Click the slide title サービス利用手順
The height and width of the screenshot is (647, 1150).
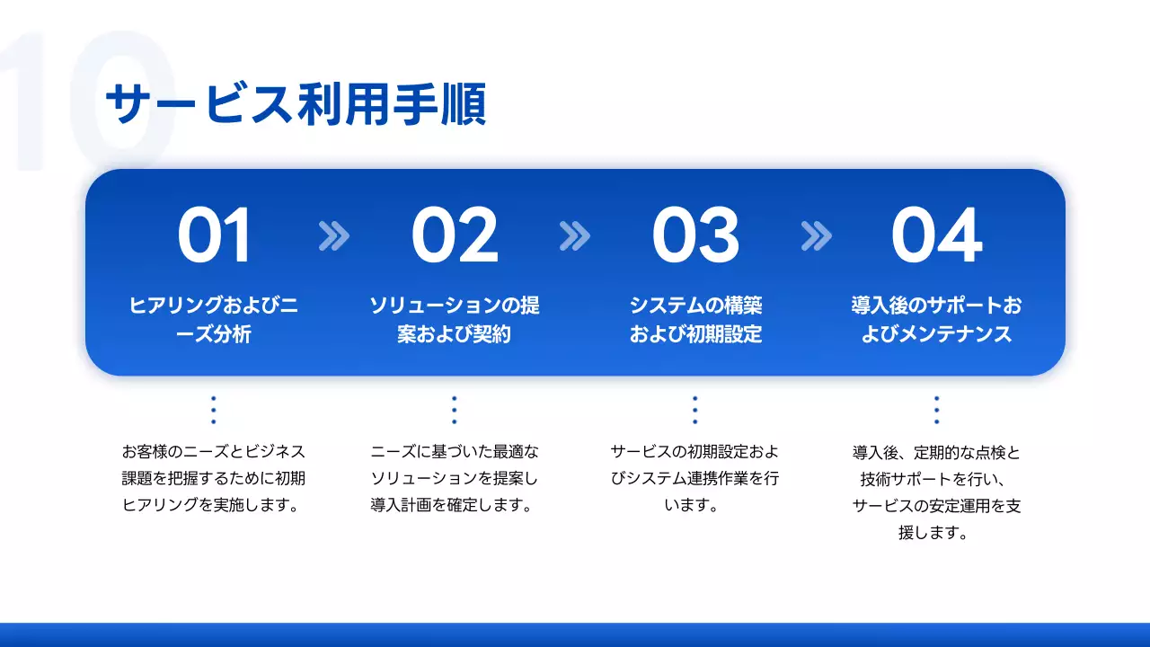coord(296,105)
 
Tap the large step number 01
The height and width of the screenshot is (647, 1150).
coord(214,236)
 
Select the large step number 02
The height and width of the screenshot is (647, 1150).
coord(455,236)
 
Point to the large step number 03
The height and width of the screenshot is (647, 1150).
coord(695,236)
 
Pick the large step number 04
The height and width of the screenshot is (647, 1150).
coord(936,236)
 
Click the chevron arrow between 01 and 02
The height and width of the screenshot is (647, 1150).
coord(334,236)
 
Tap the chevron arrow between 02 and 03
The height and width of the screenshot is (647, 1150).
coord(575,236)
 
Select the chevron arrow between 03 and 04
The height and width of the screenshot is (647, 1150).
coord(816,236)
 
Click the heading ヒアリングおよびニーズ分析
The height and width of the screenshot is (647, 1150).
coord(214,320)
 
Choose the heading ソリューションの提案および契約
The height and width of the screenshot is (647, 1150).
coord(455,320)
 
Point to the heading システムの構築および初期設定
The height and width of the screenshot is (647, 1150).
coord(695,320)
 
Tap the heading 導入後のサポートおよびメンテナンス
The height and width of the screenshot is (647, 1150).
coord(936,320)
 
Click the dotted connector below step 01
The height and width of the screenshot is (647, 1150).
coord(214,410)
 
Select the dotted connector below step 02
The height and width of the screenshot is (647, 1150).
coord(455,410)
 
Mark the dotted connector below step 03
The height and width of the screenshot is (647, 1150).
coord(695,410)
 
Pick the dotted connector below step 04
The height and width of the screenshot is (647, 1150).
coord(936,410)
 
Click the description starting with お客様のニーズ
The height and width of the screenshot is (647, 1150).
coord(214,478)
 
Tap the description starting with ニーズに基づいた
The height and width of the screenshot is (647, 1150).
coord(455,478)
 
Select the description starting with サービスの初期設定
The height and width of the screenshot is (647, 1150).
coord(695,478)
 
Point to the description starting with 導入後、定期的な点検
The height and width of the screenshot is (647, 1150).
coord(936,492)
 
